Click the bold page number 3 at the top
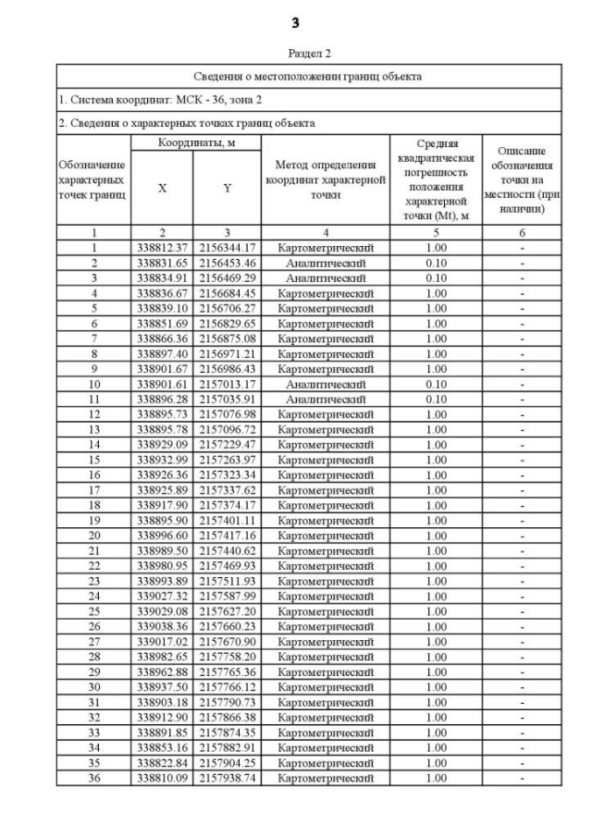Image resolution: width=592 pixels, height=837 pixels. [295, 21]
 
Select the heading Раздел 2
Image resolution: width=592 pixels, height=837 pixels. [296, 55]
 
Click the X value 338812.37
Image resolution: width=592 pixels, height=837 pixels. [163, 248]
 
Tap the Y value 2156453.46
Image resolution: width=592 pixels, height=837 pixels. [228, 263]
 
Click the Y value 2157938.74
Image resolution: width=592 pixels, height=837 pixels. [228, 778]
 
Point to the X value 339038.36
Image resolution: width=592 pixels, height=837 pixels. [163, 626]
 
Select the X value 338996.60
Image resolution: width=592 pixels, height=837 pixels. [163, 535]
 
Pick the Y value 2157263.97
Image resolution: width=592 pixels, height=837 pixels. [228, 460]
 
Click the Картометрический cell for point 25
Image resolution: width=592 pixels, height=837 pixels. [326, 611]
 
